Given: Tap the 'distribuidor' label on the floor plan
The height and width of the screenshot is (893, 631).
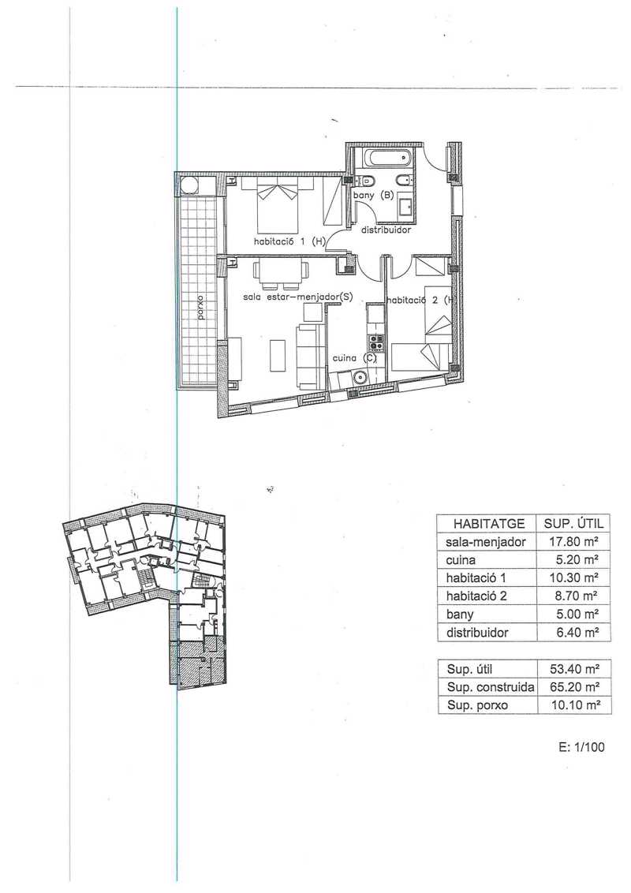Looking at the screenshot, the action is click(386, 230).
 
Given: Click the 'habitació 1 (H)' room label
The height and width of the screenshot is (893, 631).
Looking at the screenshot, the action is click(289, 241).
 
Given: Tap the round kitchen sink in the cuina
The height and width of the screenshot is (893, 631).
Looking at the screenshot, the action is click(360, 377).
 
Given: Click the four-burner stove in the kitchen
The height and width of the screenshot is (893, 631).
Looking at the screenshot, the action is click(376, 342).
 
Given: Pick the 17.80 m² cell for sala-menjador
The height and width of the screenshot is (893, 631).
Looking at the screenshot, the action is click(573, 542).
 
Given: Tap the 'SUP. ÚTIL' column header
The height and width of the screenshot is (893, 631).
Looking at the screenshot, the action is click(573, 523).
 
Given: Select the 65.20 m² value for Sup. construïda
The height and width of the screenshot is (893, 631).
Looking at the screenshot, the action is click(576, 687).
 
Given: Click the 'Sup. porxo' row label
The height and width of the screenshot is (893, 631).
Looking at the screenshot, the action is click(477, 706).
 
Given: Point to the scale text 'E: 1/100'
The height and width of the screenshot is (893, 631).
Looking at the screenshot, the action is click(581, 747).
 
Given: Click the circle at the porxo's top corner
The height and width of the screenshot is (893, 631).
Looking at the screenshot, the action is click(189, 185).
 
